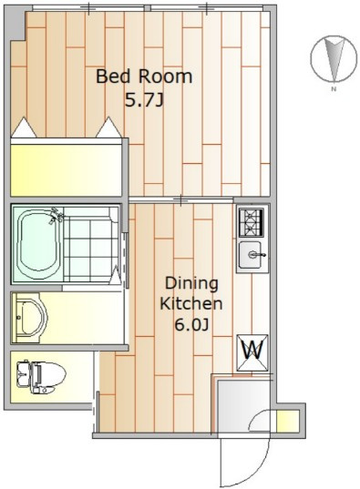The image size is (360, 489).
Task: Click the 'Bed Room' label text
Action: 144,76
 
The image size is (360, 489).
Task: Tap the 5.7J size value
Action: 144,100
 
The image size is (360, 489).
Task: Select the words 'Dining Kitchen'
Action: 191,293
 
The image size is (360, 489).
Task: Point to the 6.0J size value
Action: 191,325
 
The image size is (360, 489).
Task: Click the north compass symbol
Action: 334,58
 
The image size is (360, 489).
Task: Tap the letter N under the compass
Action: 334,89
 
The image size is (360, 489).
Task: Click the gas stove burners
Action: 251,222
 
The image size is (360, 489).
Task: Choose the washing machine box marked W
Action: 252,352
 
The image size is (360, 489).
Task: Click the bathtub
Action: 38,243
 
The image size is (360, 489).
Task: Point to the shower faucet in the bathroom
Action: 56,216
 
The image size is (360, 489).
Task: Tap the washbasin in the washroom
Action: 30,318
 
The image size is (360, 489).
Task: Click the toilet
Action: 40,377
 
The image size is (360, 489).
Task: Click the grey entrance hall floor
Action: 243,405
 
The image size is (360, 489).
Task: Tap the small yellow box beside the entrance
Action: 288,421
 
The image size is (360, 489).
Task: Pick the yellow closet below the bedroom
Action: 66,170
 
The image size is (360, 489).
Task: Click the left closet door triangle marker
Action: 23,127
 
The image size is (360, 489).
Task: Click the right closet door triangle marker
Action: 108,127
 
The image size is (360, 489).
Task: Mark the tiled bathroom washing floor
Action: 91,244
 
